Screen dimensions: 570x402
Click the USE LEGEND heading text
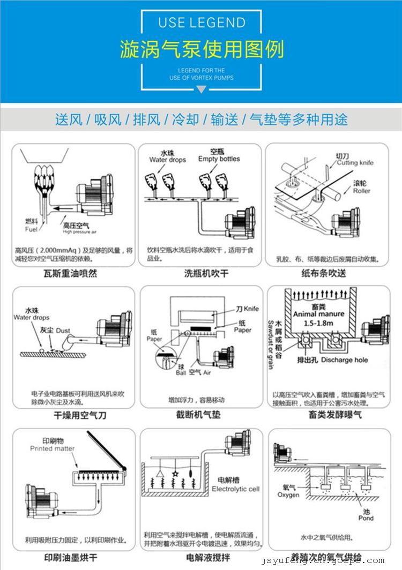(x=201, y=23)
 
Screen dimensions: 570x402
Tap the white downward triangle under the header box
(x=201, y=90)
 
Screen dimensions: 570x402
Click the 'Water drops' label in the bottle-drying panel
(x=167, y=160)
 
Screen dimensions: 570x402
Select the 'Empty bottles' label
(x=219, y=159)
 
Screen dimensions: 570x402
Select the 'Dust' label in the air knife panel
(x=63, y=331)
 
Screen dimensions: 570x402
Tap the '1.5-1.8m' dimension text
(x=319, y=324)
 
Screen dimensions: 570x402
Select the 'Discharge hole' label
(x=344, y=360)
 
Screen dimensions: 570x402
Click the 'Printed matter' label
(x=52, y=448)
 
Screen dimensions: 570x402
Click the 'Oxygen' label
(x=288, y=495)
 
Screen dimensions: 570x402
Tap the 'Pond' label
(x=366, y=518)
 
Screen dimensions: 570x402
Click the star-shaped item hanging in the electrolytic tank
(x=175, y=474)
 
